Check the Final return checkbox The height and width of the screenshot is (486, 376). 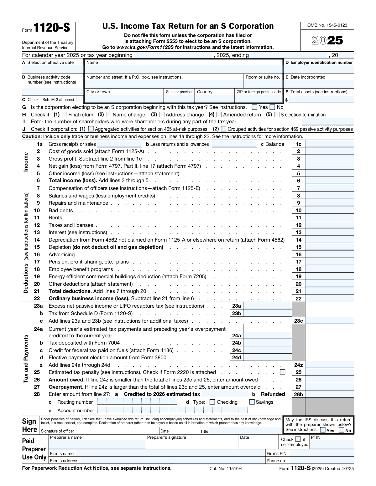point(64,115)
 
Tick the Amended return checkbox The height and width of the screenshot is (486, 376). point(219,115)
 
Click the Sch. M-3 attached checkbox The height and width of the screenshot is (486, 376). point(78,100)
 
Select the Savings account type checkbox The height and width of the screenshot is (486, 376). point(252,402)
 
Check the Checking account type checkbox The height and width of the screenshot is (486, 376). point(212,402)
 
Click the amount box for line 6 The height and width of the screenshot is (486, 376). point(329,181)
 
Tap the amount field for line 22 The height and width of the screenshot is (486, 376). point(329,299)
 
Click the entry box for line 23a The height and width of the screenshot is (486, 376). point(267,306)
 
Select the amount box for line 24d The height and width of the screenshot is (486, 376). point(267,357)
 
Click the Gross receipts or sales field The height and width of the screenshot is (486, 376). point(119,144)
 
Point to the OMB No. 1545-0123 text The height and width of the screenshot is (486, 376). point(327,25)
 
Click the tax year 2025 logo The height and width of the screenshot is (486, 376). point(327,41)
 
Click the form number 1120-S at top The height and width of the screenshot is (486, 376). point(52,28)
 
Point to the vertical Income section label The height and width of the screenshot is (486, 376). point(26,162)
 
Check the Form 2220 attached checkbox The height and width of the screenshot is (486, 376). point(283,372)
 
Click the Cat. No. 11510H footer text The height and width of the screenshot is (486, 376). point(226,468)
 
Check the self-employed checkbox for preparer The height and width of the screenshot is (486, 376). point(298,439)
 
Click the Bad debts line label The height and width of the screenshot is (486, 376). point(60,211)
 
